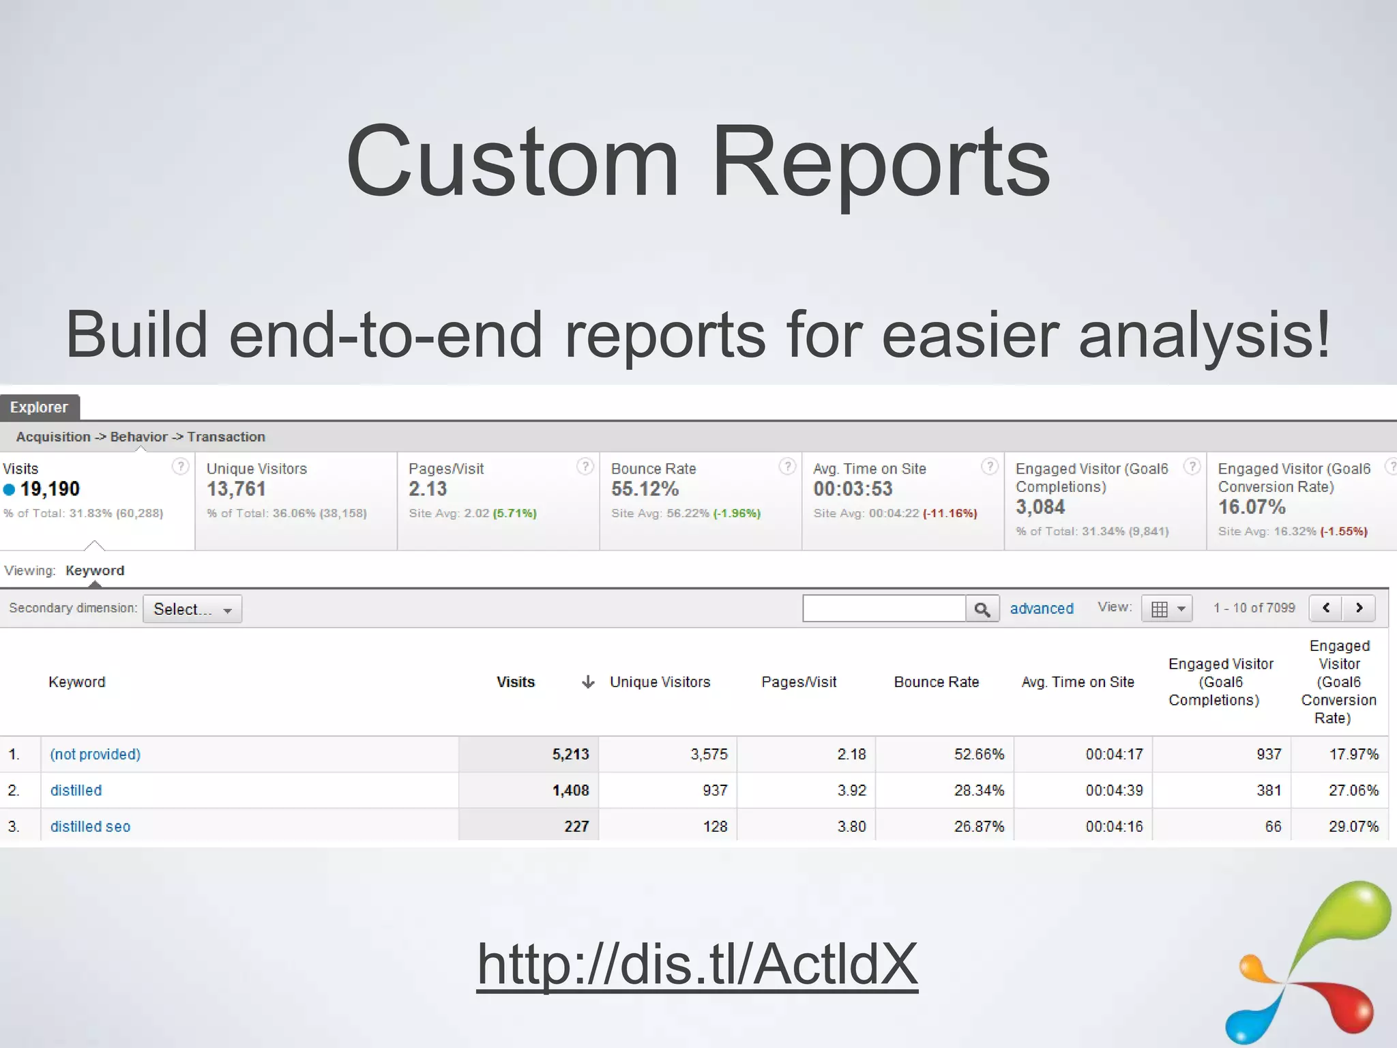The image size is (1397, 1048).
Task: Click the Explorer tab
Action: point(40,407)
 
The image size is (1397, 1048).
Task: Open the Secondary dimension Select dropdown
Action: point(192,609)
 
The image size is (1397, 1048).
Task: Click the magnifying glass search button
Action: point(982,609)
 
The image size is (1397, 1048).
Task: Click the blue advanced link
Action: point(1041,609)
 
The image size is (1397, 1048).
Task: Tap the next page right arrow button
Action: point(1359,608)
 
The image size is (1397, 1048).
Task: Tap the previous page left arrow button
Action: point(1326,608)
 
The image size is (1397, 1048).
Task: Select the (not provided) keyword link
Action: point(95,754)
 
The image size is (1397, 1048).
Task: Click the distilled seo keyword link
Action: point(90,826)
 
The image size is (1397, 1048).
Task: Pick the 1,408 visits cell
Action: point(570,790)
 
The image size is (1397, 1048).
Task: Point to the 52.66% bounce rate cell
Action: point(979,754)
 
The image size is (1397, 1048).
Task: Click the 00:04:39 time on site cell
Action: point(1114,790)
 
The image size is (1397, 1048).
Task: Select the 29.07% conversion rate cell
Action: point(1353,826)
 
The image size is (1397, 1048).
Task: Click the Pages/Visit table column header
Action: point(799,682)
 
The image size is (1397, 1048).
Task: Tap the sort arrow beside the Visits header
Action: point(588,682)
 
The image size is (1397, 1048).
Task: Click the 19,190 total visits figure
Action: point(50,489)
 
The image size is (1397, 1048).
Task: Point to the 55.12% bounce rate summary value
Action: point(645,489)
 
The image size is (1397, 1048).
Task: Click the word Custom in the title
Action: point(512,161)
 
